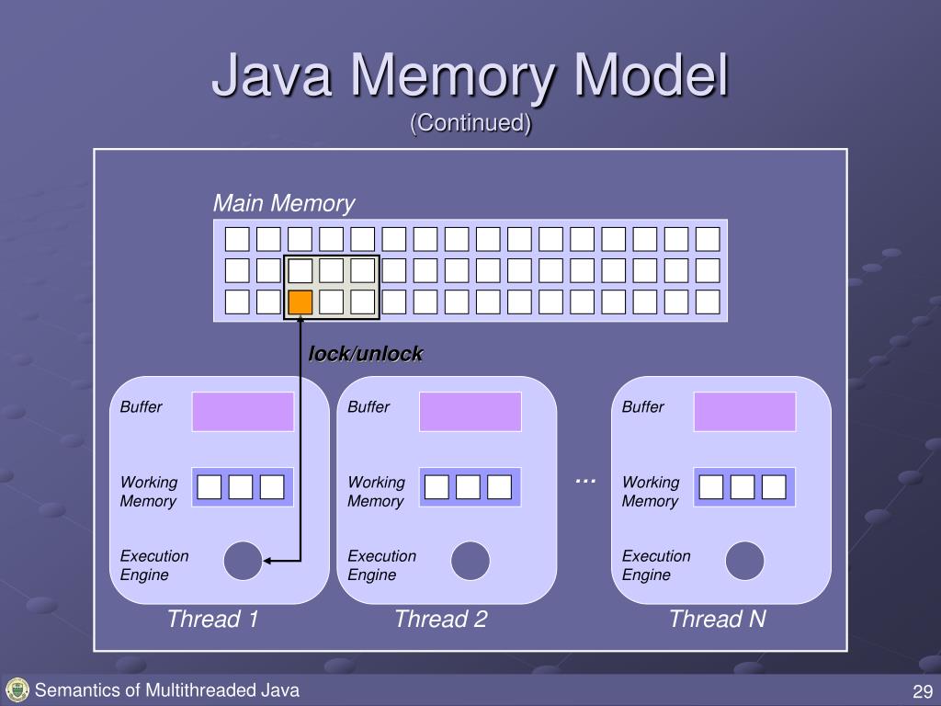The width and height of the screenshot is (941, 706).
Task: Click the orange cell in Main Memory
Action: tap(300, 302)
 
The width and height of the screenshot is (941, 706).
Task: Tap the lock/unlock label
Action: tap(366, 354)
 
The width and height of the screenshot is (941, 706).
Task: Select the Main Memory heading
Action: tap(284, 203)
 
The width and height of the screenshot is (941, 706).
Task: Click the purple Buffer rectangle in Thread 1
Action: tap(243, 412)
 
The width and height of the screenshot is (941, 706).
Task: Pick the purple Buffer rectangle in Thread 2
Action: tap(470, 412)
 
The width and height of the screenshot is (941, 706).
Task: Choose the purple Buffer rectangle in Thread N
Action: tap(744, 412)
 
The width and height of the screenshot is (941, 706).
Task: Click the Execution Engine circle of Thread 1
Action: tap(243, 561)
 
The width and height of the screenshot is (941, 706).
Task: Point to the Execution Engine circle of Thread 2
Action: tap(470, 561)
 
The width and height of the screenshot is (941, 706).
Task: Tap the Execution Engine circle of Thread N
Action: tap(744, 561)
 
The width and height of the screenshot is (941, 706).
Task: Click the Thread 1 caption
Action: tap(212, 619)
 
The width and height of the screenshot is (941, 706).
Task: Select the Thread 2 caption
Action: tap(440, 619)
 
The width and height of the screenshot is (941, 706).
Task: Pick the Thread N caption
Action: tap(717, 619)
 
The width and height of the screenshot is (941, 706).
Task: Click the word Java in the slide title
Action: tap(272, 75)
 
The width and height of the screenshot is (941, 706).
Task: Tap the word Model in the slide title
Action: tap(652, 75)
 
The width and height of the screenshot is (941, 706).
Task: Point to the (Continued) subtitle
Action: tap(470, 123)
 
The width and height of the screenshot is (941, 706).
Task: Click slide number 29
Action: tap(923, 691)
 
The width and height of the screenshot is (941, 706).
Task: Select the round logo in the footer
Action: tap(17, 690)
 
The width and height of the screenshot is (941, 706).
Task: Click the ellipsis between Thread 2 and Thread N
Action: tap(585, 481)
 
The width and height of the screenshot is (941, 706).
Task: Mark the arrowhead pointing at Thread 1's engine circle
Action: tap(267, 561)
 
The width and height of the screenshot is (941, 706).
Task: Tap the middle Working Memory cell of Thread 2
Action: tap(468, 487)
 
